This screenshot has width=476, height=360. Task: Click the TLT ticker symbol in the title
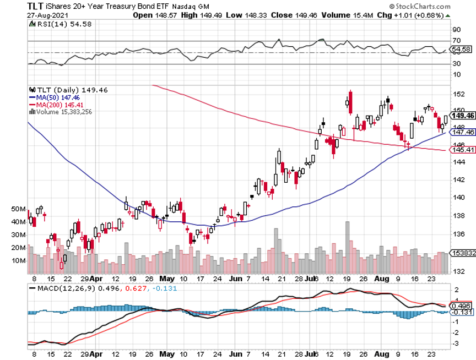tap(36, 6)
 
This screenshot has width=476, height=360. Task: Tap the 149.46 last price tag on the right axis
tap(463, 116)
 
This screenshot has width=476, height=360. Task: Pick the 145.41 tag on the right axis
tap(463, 150)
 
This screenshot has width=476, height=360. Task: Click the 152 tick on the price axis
tap(458, 94)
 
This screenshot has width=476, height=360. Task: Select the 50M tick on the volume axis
tap(18, 209)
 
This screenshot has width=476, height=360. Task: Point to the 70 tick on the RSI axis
tap(456, 41)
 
